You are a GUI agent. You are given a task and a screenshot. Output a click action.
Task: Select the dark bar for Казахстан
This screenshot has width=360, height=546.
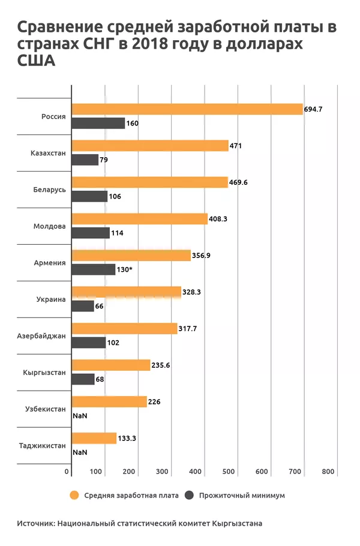pyautogui.click(x=85, y=160)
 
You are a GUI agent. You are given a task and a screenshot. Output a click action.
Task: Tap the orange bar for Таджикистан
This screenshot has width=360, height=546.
pyautogui.click(x=94, y=439)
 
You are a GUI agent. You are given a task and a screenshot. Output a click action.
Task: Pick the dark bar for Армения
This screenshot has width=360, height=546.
pyautogui.click(x=93, y=269)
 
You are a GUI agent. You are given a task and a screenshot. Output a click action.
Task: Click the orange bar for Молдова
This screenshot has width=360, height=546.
pyautogui.click(x=139, y=219)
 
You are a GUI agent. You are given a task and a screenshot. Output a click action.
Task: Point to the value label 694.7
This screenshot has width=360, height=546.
pyautogui.click(x=314, y=109)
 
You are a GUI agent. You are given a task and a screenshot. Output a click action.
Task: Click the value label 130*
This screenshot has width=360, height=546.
pyautogui.click(x=125, y=269)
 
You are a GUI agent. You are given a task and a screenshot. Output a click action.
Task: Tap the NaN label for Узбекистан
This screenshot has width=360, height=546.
pyautogui.click(x=79, y=415)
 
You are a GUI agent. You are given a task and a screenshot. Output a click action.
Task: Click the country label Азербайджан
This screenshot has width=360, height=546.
pyautogui.click(x=41, y=335)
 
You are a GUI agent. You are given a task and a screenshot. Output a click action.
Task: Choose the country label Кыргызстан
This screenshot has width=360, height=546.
pyautogui.click(x=43, y=373)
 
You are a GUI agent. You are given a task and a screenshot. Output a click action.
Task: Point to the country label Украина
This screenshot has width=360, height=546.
pyautogui.click(x=50, y=299)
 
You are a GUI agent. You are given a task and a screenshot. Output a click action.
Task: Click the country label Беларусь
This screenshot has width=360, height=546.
pyautogui.click(x=49, y=189)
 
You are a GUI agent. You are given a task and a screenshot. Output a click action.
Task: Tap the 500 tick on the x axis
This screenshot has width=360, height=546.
pyautogui.click(x=229, y=472)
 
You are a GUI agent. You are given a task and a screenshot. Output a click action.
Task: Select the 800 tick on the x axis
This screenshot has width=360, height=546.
pyautogui.click(x=328, y=472)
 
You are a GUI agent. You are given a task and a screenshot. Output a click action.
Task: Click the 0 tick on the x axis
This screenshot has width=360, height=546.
pyautogui.click(x=67, y=472)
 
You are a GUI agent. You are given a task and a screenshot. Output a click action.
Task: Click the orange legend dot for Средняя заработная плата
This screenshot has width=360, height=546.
pyautogui.click(x=74, y=496)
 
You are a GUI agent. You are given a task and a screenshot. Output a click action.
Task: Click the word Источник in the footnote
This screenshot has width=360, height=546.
pyautogui.click(x=35, y=523)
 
